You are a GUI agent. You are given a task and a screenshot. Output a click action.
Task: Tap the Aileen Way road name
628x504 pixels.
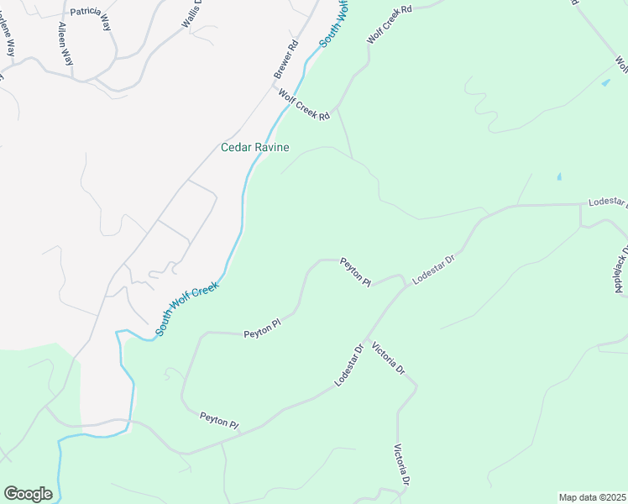click(x=63, y=43)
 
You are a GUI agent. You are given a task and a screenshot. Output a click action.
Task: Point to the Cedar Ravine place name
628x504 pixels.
click(x=254, y=148)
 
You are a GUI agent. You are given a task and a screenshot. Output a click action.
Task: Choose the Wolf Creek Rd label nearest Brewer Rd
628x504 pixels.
click(x=303, y=106)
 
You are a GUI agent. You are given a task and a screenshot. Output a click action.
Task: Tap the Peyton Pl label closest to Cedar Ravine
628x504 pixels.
click(x=355, y=272)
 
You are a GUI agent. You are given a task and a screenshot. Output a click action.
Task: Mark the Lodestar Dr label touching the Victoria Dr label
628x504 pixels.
click(x=348, y=365)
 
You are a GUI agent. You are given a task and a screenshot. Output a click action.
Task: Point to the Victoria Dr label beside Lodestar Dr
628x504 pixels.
click(x=388, y=359)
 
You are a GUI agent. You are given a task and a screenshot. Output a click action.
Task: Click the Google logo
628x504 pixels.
click(x=28, y=494)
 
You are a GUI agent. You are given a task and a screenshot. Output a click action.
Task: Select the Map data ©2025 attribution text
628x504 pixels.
click(x=592, y=497)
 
